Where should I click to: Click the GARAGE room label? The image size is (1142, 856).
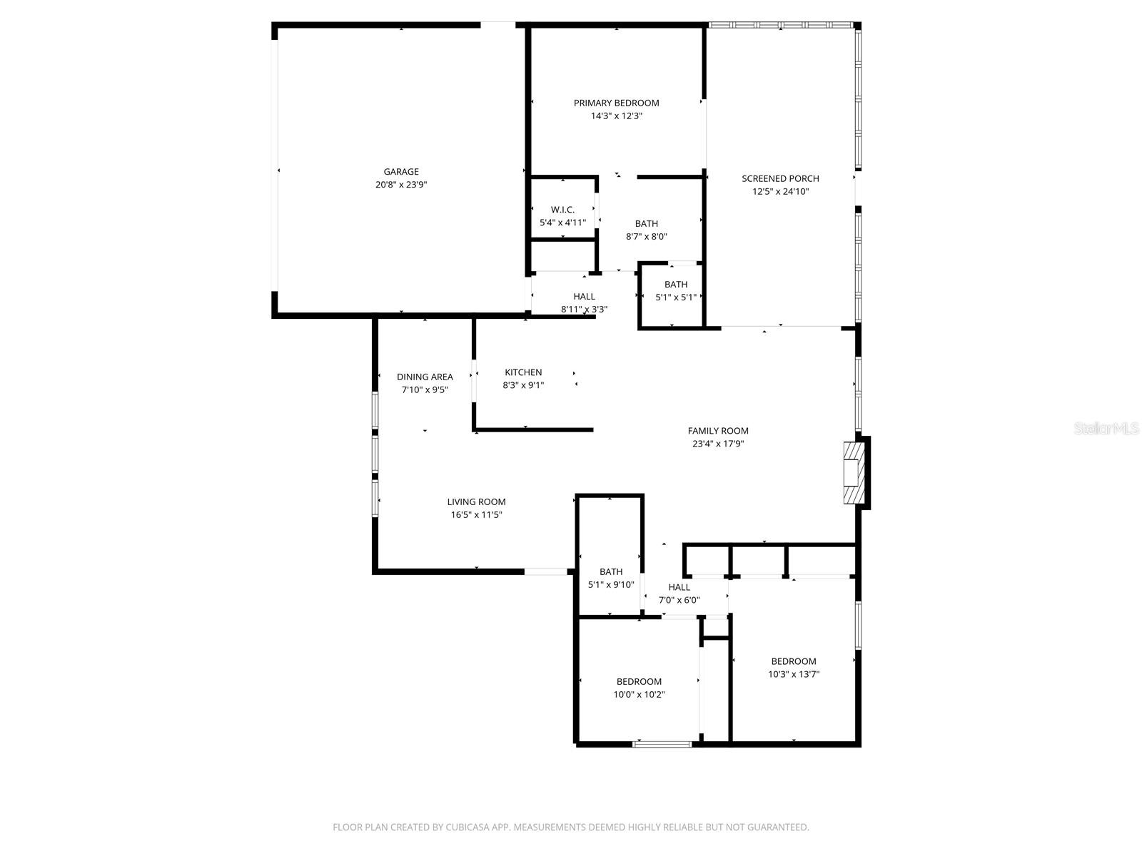(401, 171)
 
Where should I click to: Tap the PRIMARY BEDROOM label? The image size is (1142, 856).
(616, 103)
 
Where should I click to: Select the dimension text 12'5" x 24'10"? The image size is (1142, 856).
(780, 191)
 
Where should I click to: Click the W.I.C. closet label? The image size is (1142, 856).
(562, 210)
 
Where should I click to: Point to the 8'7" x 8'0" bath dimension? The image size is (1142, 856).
(646, 237)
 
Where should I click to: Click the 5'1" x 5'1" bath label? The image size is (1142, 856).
(676, 285)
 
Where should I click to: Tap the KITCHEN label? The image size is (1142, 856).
(523, 372)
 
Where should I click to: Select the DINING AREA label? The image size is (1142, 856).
(425, 377)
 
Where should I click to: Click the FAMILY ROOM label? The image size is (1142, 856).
(718, 431)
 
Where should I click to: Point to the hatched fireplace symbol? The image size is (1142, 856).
(852, 473)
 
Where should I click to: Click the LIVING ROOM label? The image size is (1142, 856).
(476, 502)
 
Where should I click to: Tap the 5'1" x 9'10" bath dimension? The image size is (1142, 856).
(611, 585)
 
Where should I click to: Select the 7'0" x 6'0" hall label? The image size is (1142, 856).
(679, 588)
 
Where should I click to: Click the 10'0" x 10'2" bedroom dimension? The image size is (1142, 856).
(639, 695)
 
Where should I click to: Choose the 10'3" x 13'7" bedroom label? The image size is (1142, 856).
(793, 661)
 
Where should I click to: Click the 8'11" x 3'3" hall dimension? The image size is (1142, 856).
(584, 310)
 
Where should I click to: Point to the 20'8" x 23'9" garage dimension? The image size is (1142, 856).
(401, 184)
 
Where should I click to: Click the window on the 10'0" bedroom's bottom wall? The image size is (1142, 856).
(662, 744)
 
